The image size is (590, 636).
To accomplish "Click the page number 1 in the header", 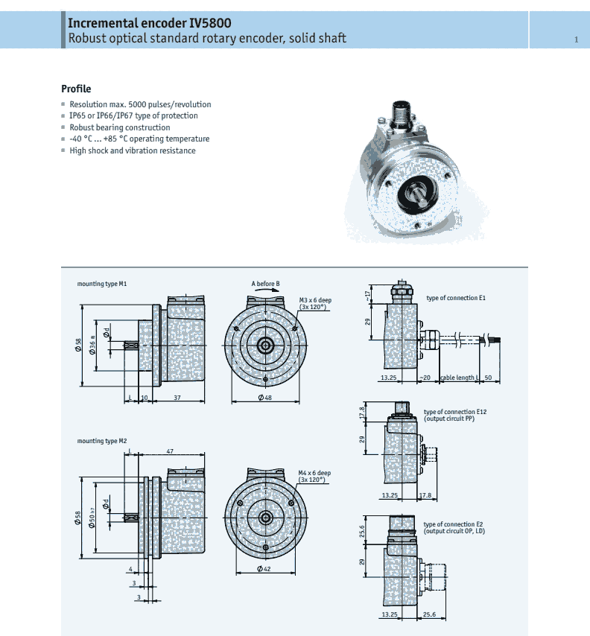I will click(x=576, y=39).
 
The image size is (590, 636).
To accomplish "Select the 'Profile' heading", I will click(x=76, y=89).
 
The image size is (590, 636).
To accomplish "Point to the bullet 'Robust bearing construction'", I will click(x=119, y=127).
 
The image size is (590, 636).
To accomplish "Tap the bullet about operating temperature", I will click(x=139, y=139).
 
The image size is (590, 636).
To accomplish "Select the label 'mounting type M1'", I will click(x=102, y=284).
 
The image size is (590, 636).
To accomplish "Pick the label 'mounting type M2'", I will click(x=102, y=442).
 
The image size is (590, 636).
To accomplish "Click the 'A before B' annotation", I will click(x=265, y=284).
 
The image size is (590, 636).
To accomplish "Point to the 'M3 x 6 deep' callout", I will click(x=315, y=300).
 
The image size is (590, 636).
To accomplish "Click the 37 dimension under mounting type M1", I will click(x=177, y=398).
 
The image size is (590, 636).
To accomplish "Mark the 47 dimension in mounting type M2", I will click(x=170, y=451).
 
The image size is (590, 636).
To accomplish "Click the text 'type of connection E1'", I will click(x=456, y=298).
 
